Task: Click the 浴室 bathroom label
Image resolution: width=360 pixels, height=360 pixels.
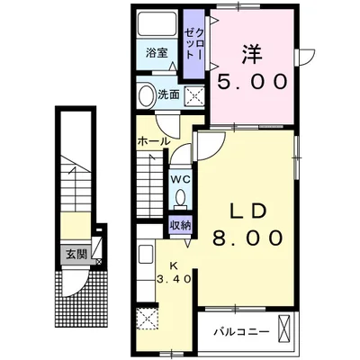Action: pos(157,53)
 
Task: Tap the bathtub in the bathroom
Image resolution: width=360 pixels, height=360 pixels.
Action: pos(157,24)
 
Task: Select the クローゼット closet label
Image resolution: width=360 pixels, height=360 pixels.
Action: pos(194,43)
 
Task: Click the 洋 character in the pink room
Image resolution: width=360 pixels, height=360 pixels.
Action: pos(251,54)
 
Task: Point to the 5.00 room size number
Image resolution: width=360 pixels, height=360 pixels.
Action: pos(251,82)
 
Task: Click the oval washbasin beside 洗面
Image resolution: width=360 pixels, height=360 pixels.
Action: pos(146,94)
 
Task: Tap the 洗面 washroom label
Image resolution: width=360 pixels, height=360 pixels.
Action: pos(168,94)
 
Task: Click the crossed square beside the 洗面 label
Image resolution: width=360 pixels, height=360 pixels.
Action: pos(193,96)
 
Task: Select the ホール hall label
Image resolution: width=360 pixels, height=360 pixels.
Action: pos(153,141)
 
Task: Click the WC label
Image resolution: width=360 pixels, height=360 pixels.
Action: pos(181,179)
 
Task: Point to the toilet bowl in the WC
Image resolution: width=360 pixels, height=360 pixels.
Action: pos(181,197)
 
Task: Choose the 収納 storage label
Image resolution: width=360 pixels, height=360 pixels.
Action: pos(181,225)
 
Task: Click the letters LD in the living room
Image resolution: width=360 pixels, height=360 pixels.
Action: pos(247,211)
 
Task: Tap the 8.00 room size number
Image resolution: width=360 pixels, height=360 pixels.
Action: pos(247,238)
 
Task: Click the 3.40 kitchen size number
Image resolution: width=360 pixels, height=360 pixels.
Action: pos(174,279)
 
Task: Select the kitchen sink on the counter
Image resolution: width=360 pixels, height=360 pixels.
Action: pos(146,255)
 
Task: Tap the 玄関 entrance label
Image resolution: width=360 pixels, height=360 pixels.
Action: pos(76,255)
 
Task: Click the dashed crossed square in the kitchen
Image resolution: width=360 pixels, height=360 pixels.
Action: pos(147,319)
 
